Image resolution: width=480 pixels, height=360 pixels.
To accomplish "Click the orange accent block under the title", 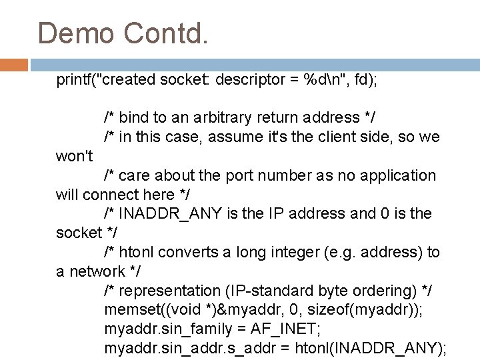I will (14, 65).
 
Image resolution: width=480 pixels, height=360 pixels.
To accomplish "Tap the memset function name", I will (130, 310).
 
